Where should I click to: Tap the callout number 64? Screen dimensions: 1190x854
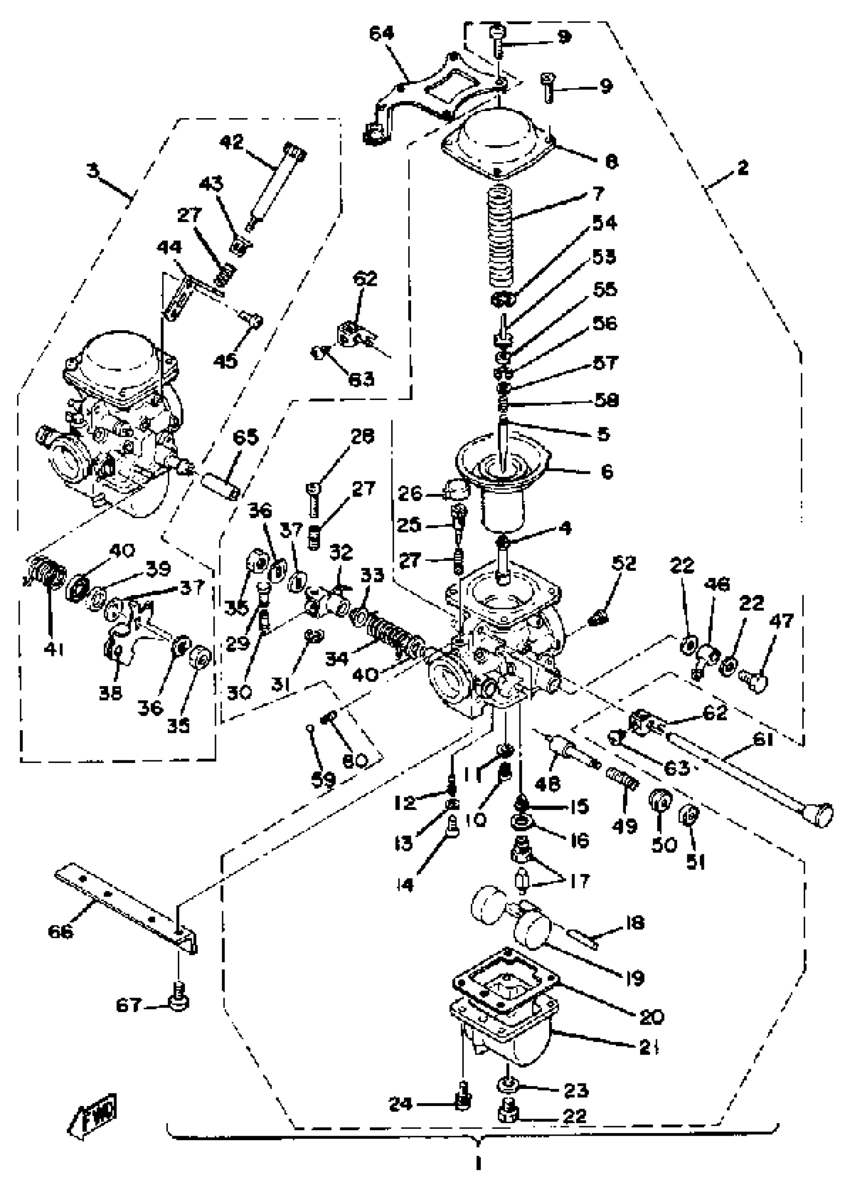381,34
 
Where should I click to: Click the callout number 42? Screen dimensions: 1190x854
232,142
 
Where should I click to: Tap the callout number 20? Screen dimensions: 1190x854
652,1017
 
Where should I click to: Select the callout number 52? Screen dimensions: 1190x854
623,563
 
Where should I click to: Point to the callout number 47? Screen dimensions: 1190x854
782,621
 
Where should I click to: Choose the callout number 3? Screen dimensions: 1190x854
93,170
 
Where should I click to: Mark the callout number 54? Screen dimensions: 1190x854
604,223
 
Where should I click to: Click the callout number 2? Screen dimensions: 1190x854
742,168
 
